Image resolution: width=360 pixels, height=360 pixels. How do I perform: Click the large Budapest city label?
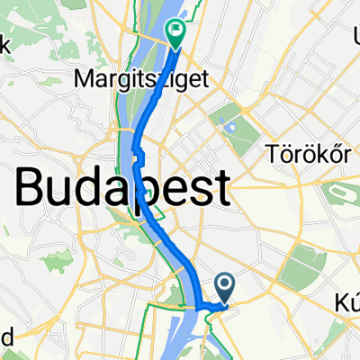point(121,189)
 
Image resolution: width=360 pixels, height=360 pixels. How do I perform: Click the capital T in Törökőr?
point(273,155)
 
